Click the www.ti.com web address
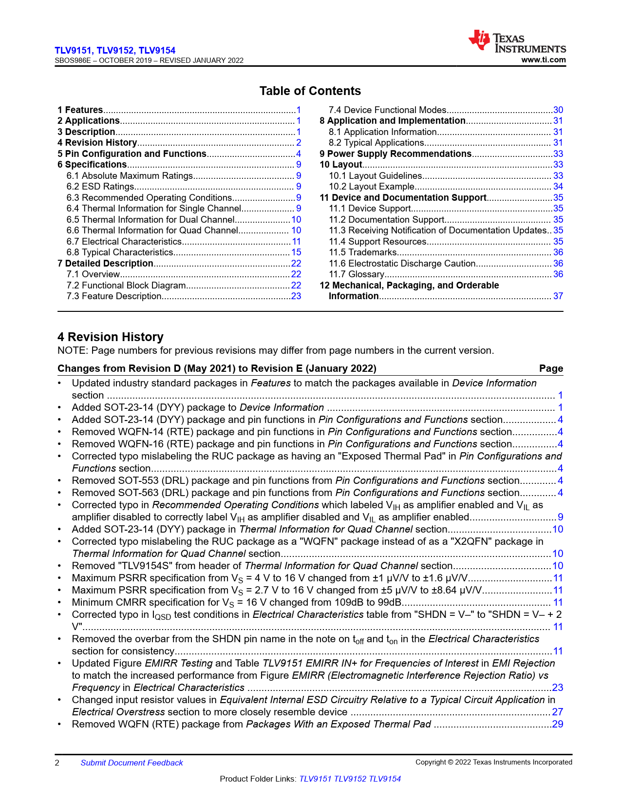point(543,60)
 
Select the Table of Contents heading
point(310,91)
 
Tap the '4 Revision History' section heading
point(110,337)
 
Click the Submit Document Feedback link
point(132,763)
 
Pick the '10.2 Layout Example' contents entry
point(372,187)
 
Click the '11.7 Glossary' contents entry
point(357,274)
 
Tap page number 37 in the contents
point(558,296)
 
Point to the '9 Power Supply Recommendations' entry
point(395,154)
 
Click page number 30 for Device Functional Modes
point(558,110)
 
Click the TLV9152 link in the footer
point(350,779)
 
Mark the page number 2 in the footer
point(57,763)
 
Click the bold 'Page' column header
point(551,369)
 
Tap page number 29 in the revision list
point(558,725)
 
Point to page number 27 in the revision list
point(558,712)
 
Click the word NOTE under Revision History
point(72,351)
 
